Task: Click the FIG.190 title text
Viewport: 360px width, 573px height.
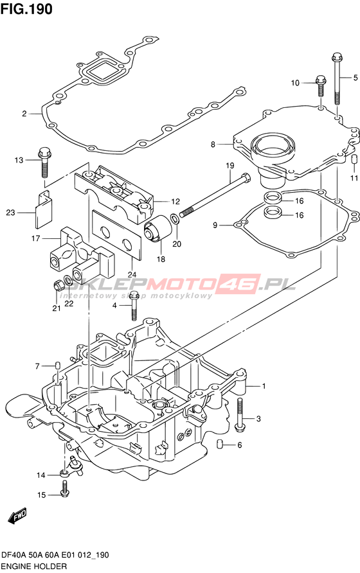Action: (x=26, y=9)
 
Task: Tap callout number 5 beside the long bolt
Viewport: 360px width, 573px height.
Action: (x=355, y=78)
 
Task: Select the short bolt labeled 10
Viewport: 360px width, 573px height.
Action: (x=321, y=85)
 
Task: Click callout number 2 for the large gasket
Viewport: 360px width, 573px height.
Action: (x=24, y=114)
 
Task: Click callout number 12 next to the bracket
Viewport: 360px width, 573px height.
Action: (x=175, y=201)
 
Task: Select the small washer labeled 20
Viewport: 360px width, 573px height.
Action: (x=175, y=219)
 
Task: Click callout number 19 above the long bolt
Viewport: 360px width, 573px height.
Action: (x=230, y=166)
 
